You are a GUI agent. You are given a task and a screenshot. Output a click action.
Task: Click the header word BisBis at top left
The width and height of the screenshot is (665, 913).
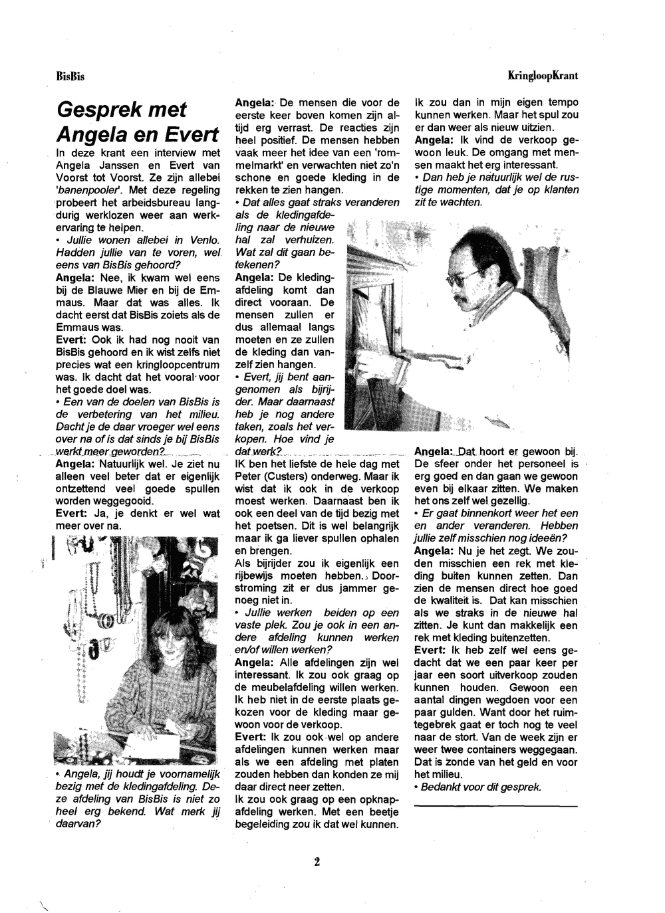pyautogui.click(x=70, y=76)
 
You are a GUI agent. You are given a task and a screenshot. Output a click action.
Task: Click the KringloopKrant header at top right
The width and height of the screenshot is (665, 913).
pyautogui.click(x=543, y=76)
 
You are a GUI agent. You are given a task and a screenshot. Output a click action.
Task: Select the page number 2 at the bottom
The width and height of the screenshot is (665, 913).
pyautogui.click(x=317, y=862)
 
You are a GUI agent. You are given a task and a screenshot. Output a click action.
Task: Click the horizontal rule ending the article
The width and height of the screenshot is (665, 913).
pyautogui.click(x=495, y=806)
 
